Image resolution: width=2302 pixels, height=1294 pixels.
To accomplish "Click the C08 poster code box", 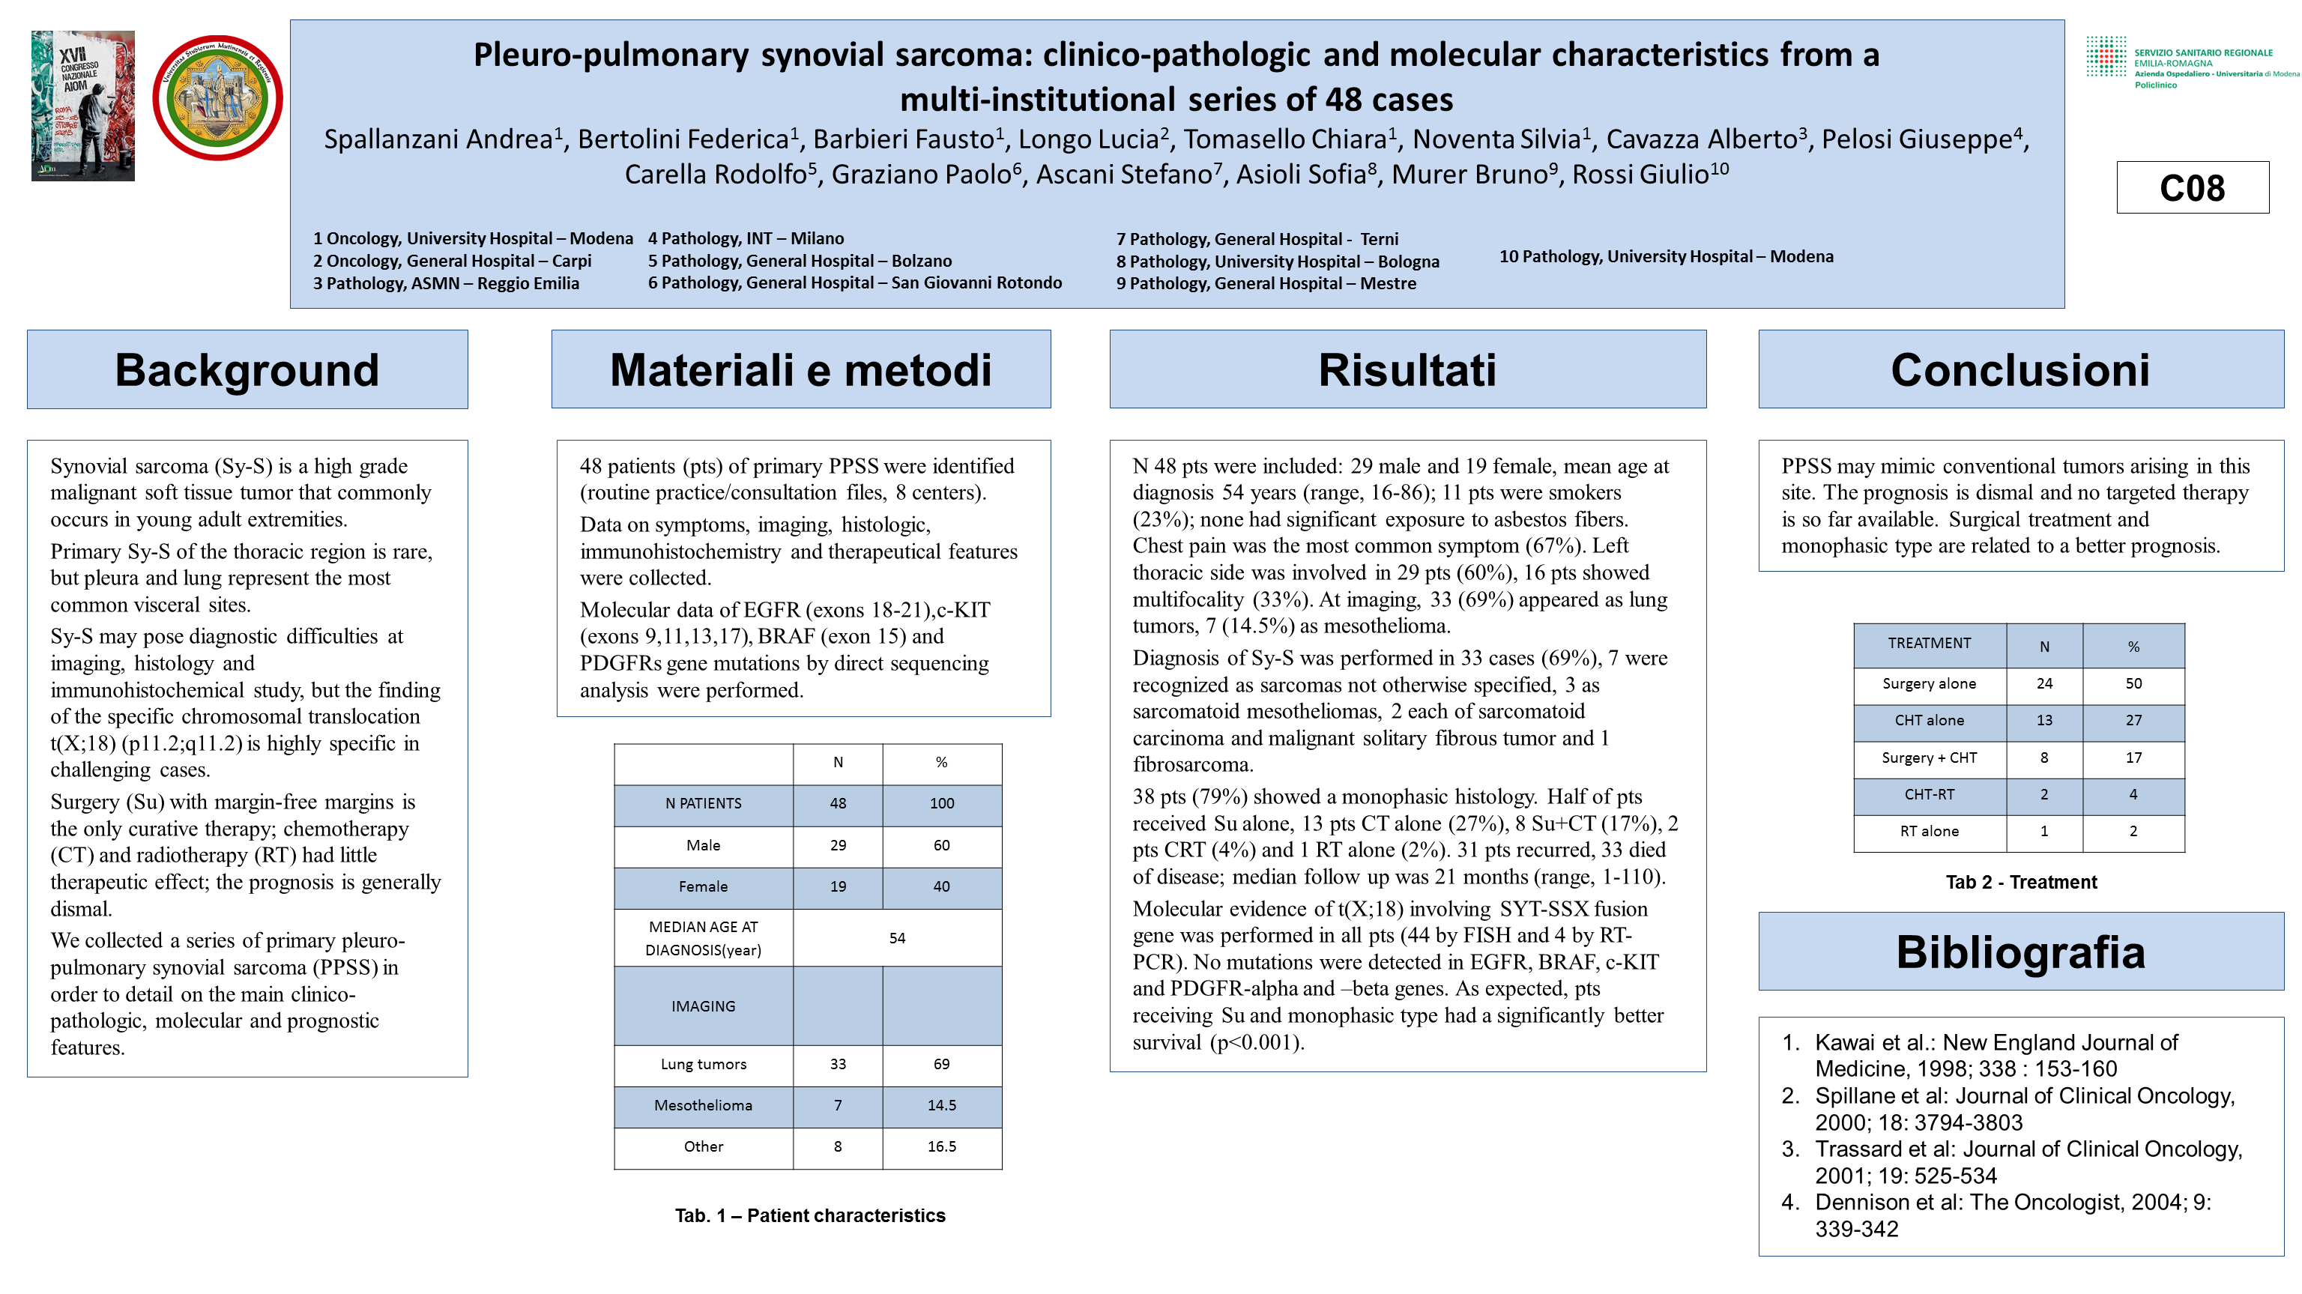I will (2191, 187).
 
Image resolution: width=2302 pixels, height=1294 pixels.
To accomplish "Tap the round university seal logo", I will (217, 98).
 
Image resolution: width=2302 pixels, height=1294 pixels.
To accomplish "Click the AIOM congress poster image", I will (83, 106).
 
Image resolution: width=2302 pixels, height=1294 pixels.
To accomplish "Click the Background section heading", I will (247, 370).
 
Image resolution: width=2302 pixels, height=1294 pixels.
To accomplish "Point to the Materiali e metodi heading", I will (801, 370).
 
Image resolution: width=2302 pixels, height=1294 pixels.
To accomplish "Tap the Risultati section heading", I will (1407, 370).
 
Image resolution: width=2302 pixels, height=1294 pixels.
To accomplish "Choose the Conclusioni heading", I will (2020, 370).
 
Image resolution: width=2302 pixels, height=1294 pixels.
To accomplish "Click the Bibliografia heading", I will (2020, 952).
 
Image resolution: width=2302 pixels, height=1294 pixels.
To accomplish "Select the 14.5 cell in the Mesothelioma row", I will (941, 1105).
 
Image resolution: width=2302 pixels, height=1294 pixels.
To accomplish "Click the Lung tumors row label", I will (704, 1064).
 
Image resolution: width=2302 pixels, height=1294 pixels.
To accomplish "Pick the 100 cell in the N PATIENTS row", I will (941, 803).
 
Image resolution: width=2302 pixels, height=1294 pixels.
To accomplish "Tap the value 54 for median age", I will (897, 938).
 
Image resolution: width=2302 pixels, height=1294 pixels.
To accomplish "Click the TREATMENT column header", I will (1930, 644).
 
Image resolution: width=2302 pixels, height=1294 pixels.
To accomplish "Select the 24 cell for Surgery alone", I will (2043, 683).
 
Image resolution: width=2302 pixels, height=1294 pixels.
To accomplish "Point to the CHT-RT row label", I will (1930, 794).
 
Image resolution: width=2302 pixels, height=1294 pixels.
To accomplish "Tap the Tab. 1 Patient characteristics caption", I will (809, 1215).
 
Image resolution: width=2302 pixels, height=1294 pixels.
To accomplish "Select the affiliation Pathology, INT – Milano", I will (746, 238).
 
